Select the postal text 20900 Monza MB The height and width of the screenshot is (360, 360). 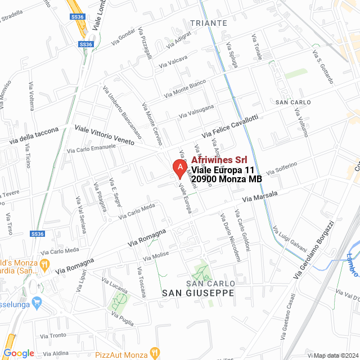[227, 179]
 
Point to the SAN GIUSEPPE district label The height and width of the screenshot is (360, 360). [197, 293]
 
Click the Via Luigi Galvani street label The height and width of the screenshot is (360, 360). [285, 237]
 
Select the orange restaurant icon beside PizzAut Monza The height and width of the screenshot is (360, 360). [156, 353]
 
